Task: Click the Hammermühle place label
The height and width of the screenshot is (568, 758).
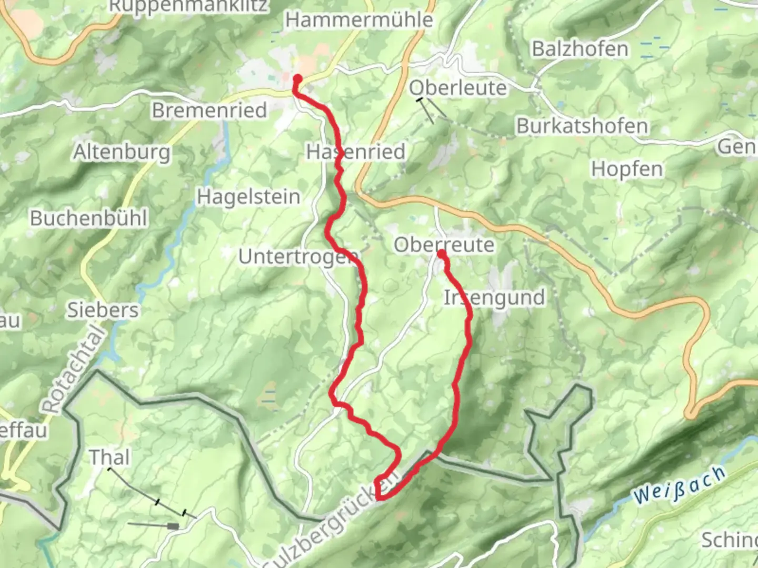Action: pos(359,20)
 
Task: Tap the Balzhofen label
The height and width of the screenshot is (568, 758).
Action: pos(580,49)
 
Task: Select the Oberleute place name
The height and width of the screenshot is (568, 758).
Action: pos(458,88)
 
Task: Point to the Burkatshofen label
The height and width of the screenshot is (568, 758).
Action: pos(582,126)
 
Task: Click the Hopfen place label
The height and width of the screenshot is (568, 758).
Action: pos(626,169)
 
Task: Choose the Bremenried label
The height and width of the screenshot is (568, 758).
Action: pos(210,110)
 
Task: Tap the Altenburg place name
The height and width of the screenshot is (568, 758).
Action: pos(122,153)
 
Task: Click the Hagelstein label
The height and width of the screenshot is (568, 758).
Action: pos(248,197)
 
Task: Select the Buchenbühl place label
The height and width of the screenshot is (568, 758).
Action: pos(88,218)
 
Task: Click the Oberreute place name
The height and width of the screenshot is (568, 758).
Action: pos(444,245)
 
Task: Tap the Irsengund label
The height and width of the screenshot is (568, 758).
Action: pos(494,298)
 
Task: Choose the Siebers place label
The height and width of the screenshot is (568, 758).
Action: pos(103,310)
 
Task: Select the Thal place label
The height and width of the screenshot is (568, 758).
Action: pos(109,458)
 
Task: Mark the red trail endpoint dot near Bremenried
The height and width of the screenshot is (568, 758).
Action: pos(297,79)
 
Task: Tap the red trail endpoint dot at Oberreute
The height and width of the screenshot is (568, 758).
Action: pos(441,255)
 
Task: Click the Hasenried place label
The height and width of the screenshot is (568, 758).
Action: pos(356,153)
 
